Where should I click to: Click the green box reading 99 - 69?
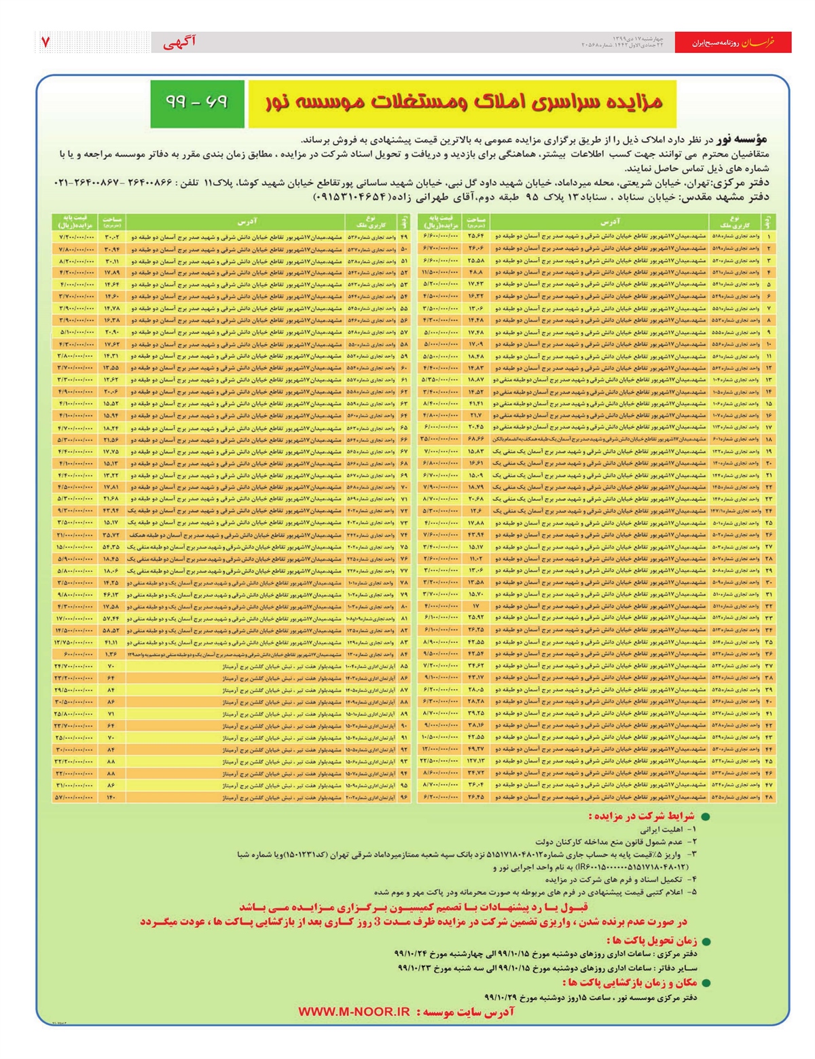pyautogui.click(x=197, y=103)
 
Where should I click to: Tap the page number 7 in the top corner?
pyautogui.click(x=46, y=42)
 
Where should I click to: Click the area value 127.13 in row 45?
pyautogui.click(x=475, y=761)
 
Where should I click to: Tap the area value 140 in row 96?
pyautogui.click(x=111, y=797)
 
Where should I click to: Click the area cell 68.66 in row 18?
pyautogui.click(x=475, y=439)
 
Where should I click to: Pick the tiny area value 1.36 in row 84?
pyautogui.click(x=111, y=654)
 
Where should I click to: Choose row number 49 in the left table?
pyautogui.click(x=405, y=237)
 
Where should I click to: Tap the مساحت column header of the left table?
pyautogui.click(x=111, y=221)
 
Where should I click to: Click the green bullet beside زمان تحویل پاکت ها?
pyautogui.click(x=705, y=942)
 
